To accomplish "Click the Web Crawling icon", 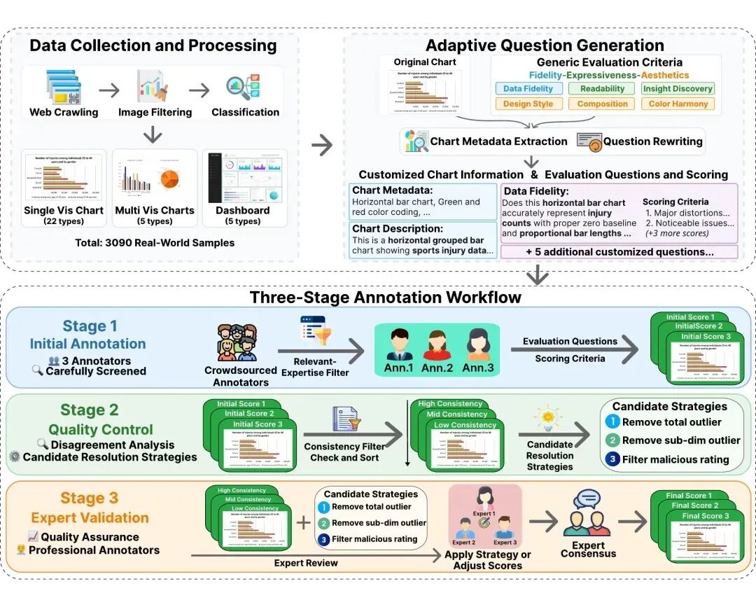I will (64, 88).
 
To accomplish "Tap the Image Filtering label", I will (155, 112).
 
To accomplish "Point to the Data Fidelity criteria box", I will (528, 88).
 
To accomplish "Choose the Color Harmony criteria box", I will (678, 104).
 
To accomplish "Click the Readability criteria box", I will (602, 88).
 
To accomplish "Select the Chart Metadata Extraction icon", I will (416, 141).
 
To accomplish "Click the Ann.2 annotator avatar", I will (435, 344).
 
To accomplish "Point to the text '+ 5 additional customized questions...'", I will (619, 252).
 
